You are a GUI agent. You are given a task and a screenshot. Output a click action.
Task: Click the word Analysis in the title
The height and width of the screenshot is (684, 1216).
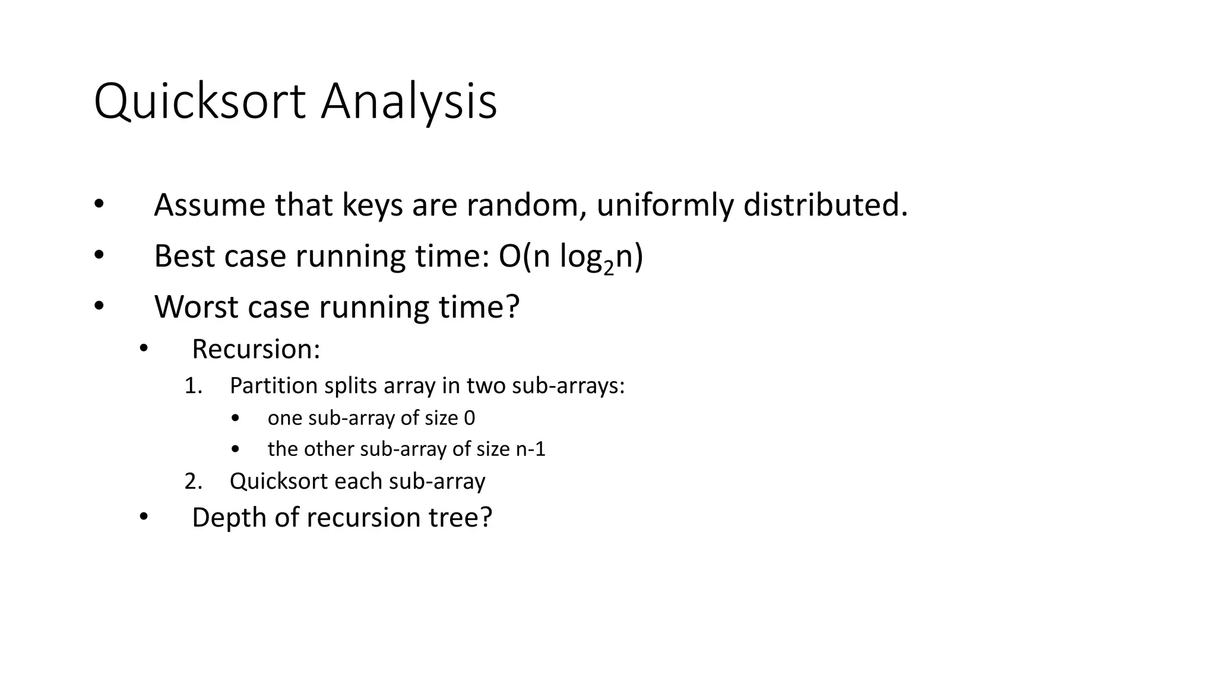pos(408,102)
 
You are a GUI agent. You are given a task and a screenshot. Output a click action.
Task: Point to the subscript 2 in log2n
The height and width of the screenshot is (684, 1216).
pos(609,268)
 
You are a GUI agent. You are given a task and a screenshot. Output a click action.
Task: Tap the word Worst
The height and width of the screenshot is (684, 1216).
pos(196,307)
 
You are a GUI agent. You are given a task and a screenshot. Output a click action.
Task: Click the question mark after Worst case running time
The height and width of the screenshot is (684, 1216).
pos(512,307)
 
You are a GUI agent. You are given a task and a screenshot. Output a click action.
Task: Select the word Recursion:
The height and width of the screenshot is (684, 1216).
pos(256,349)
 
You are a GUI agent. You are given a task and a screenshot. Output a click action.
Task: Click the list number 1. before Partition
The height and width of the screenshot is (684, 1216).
pos(193,386)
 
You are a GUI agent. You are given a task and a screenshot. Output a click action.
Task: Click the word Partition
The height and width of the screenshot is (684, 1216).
pos(274,386)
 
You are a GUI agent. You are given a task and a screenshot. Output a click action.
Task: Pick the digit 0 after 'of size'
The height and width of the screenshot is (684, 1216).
pos(469,418)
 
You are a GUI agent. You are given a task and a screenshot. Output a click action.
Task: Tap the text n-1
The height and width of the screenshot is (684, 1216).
pos(530,449)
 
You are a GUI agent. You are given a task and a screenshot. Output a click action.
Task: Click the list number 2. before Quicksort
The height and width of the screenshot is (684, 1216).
pos(193,481)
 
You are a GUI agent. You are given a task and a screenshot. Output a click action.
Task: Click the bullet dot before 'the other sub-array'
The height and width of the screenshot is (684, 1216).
pos(236,449)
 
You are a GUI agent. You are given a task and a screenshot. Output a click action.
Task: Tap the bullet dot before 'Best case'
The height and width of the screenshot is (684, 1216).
pos(99,256)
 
